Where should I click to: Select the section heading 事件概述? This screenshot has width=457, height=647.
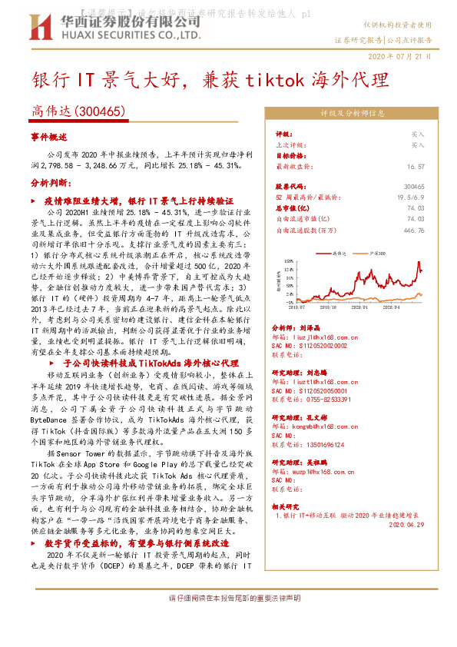(x=49, y=136)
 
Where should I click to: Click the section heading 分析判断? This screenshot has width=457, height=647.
(x=51, y=184)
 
